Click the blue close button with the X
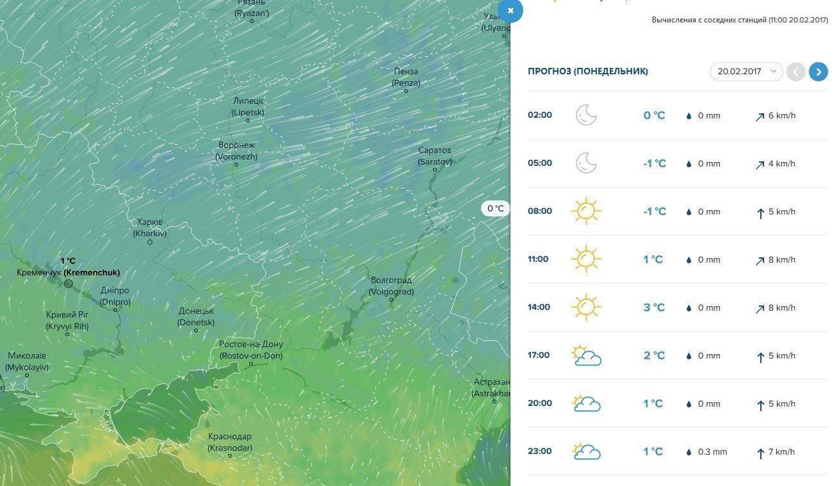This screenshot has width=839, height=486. coord(510,11)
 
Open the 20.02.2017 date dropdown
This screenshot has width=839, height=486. coord(746,72)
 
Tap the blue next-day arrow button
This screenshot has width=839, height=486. coord(818,72)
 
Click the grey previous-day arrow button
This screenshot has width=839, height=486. coord(795,72)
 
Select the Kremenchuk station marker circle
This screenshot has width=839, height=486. coord(69,284)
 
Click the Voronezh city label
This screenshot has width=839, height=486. coord(236,150)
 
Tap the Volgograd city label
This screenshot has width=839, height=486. coord(391,286)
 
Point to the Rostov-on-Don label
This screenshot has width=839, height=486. coord(251,350)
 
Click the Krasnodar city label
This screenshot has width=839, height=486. coord(230,442)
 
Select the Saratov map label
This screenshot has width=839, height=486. coord(435,156)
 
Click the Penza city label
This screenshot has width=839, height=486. coord(406,77)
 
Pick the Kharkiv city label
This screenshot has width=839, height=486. coord(150,228)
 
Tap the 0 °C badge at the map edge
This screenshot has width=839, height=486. coord(496,208)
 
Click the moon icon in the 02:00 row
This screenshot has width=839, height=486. coord(586,115)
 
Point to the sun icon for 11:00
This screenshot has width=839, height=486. coord(586,259)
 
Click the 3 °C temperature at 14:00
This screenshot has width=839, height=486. coord(654,307)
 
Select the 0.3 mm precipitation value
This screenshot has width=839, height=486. coord(712,451)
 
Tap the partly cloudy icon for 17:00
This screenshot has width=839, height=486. coord(586,355)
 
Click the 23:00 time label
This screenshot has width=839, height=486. coord(539,451)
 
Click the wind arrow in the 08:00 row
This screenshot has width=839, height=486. coord(760,213)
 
